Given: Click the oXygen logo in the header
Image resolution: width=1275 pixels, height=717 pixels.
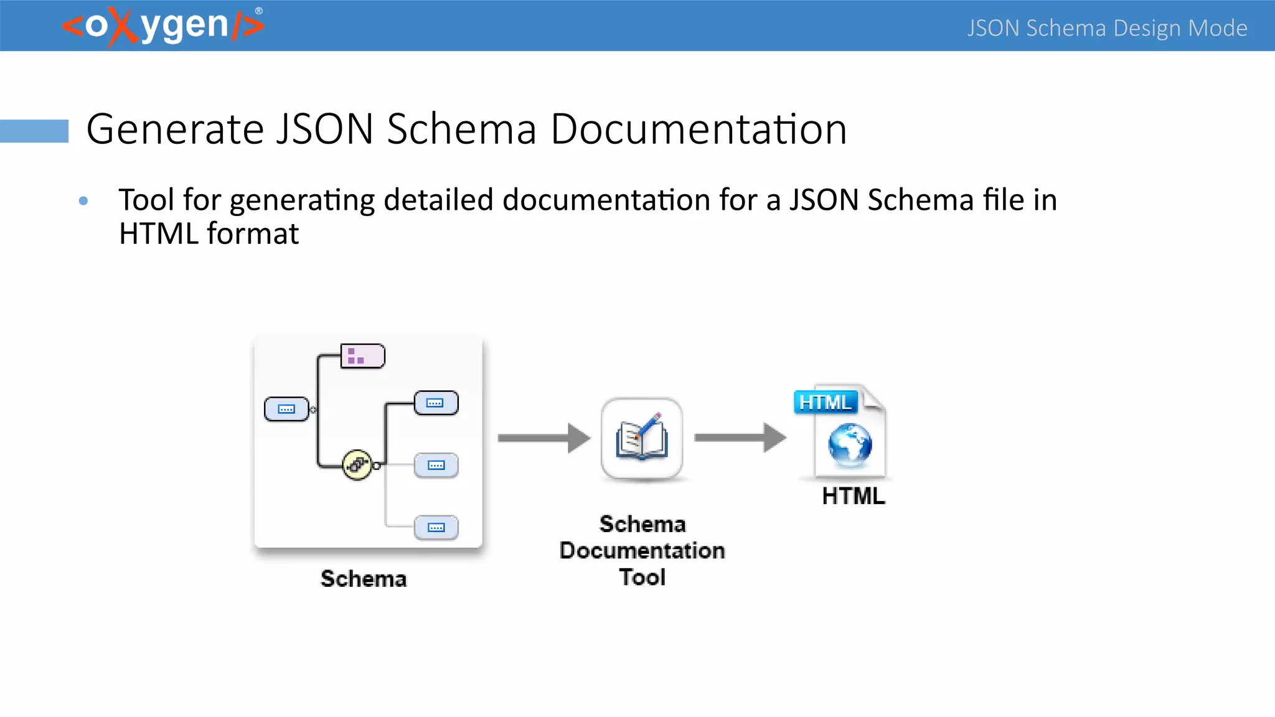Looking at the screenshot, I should click(163, 26).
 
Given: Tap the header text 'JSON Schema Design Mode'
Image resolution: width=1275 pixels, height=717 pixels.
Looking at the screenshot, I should click(1107, 28).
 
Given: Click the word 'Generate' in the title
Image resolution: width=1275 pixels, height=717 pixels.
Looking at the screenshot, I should click(175, 129).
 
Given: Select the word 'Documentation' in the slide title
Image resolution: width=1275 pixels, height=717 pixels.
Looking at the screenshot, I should click(699, 129).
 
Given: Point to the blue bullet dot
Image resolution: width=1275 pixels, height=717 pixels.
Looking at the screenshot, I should click(83, 200).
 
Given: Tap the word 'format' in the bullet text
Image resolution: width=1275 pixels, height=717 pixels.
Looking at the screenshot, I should click(253, 234).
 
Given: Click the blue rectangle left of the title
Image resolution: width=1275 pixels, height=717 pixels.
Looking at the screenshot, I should click(34, 131).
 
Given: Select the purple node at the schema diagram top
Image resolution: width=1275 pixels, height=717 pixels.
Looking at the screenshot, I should click(362, 356).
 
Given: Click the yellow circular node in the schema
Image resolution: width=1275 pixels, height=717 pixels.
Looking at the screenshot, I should click(357, 464).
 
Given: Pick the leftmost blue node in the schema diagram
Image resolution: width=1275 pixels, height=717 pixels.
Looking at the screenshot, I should click(286, 409).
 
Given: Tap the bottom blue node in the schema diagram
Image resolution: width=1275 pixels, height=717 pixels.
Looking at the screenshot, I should click(436, 527).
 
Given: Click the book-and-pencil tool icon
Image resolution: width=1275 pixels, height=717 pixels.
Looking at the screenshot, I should click(642, 438).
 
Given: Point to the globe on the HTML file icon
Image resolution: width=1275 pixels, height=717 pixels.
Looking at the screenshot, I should click(850, 444).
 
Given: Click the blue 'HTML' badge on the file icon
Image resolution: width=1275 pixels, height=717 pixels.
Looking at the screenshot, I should click(826, 402).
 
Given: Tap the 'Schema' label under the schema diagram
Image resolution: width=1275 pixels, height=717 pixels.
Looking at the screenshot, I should click(364, 579).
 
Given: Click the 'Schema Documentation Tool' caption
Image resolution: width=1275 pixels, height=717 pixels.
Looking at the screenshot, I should click(642, 551).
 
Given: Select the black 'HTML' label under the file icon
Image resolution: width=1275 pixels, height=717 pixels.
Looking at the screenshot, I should click(853, 496).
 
